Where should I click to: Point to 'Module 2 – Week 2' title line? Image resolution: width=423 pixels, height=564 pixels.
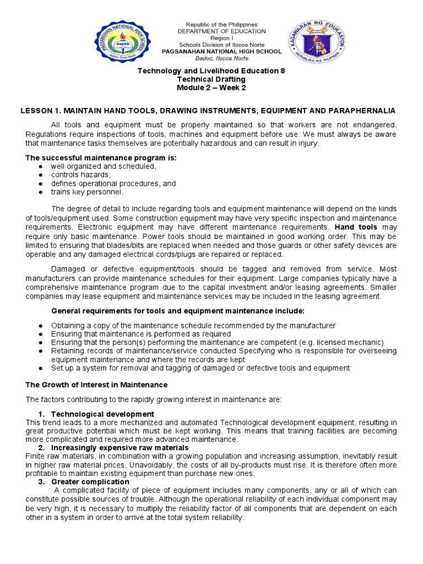click(x=211, y=88)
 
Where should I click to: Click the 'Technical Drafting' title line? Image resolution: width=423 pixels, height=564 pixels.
click(x=211, y=80)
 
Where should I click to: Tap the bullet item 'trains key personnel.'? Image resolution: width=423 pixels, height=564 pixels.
click(x=87, y=192)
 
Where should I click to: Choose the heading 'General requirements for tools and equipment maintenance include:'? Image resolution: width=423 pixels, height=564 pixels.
click(x=178, y=311)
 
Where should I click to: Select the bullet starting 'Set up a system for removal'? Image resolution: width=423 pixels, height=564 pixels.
click(x=200, y=368)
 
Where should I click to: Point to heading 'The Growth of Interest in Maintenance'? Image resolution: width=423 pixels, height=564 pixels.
click(x=96, y=384)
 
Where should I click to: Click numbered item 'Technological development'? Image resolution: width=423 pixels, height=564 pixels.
click(x=102, y=414)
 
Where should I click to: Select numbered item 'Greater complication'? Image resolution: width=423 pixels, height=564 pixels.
click(x=90, y=481)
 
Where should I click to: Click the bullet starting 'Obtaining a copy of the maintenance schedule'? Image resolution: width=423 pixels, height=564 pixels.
click(x=193, y=326)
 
